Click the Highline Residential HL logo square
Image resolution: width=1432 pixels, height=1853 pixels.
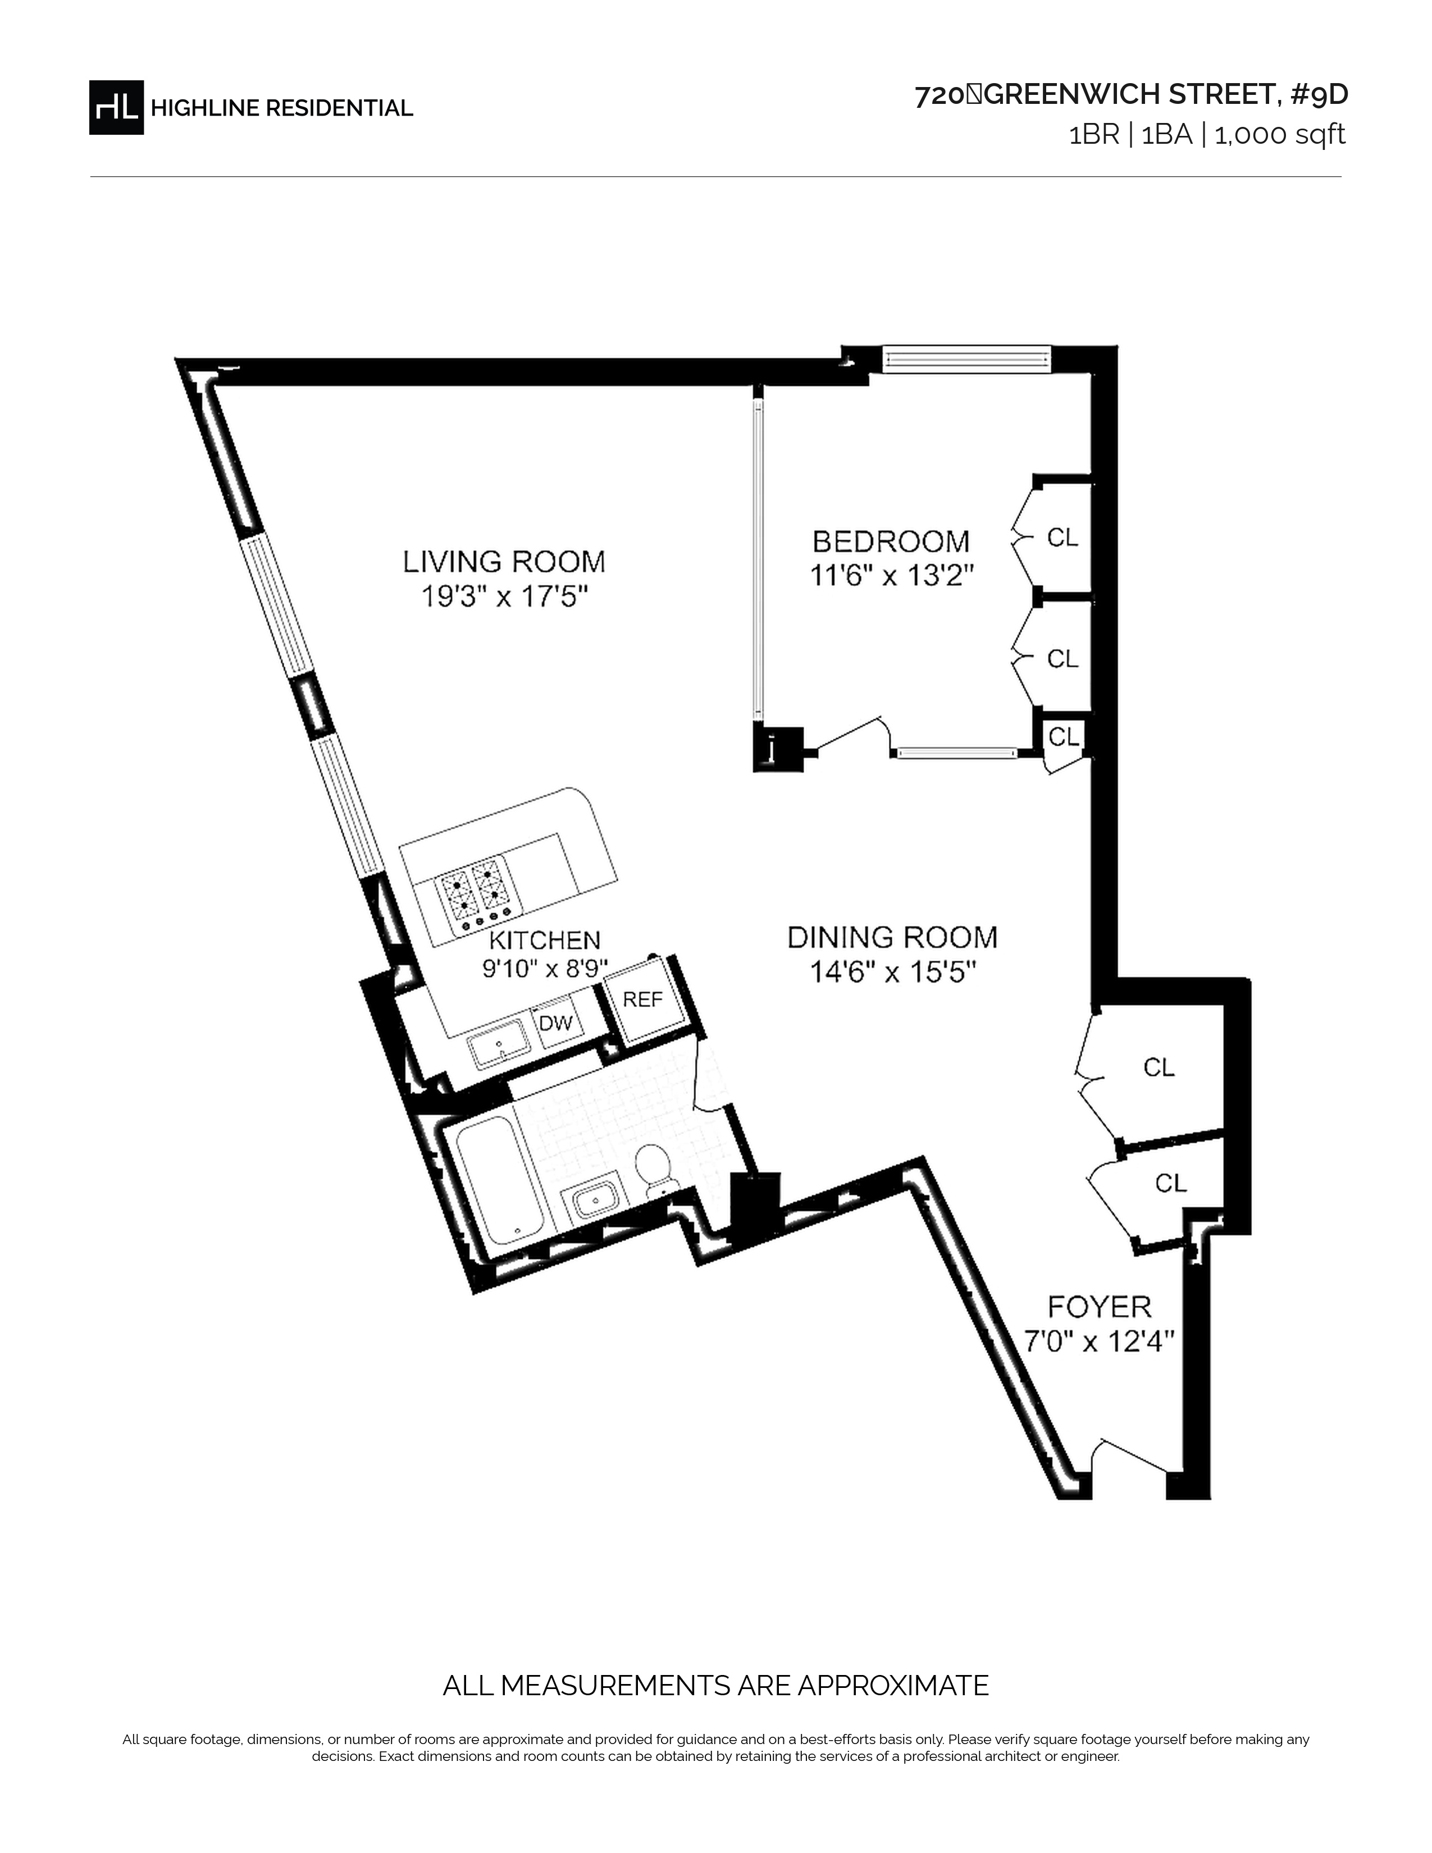click(116, 107)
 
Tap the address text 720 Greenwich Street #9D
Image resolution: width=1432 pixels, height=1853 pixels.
click(1131, 95)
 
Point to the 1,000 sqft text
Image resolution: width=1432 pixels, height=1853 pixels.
click(1280, 135)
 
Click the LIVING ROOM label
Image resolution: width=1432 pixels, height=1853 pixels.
click(504, 562)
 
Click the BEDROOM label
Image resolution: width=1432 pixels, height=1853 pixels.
click(891, 541)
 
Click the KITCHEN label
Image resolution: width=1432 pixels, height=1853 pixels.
click(545, 939)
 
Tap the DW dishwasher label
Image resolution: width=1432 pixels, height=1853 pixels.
click(557, 1023)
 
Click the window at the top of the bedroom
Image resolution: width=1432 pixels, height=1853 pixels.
click(967, 358)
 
